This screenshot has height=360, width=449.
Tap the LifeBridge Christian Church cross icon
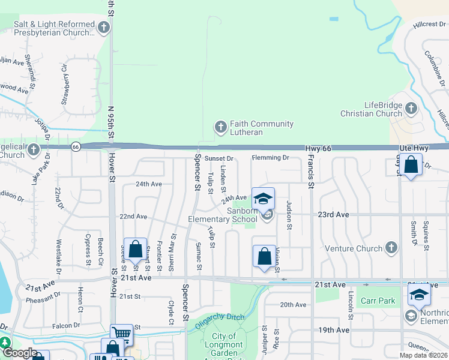coord(411,109)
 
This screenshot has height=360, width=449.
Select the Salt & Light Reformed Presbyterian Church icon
coord(104,27)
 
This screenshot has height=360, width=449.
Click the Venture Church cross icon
coord(391,247)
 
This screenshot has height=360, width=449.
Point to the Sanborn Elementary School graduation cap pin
coord(263,199)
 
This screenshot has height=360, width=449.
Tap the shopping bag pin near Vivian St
coord(264,257)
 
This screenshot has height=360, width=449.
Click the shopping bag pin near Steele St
coord(136,249)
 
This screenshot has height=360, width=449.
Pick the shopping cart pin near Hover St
coord(121,333)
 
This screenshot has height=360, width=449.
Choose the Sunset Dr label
coord(218,158)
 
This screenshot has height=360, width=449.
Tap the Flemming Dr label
coord(270,158)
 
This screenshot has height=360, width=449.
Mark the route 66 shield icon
coord(75,146)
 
